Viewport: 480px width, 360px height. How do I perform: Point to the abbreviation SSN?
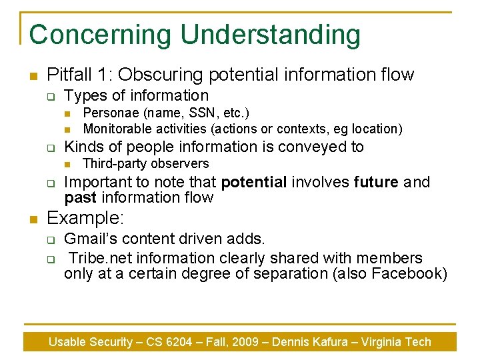click(200, 114)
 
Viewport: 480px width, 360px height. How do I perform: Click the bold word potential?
click(253, 183)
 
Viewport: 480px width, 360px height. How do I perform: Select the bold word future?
click(376, 183)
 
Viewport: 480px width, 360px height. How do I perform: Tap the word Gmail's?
click(91, 239)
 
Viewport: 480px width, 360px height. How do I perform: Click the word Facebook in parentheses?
click(407, 273)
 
